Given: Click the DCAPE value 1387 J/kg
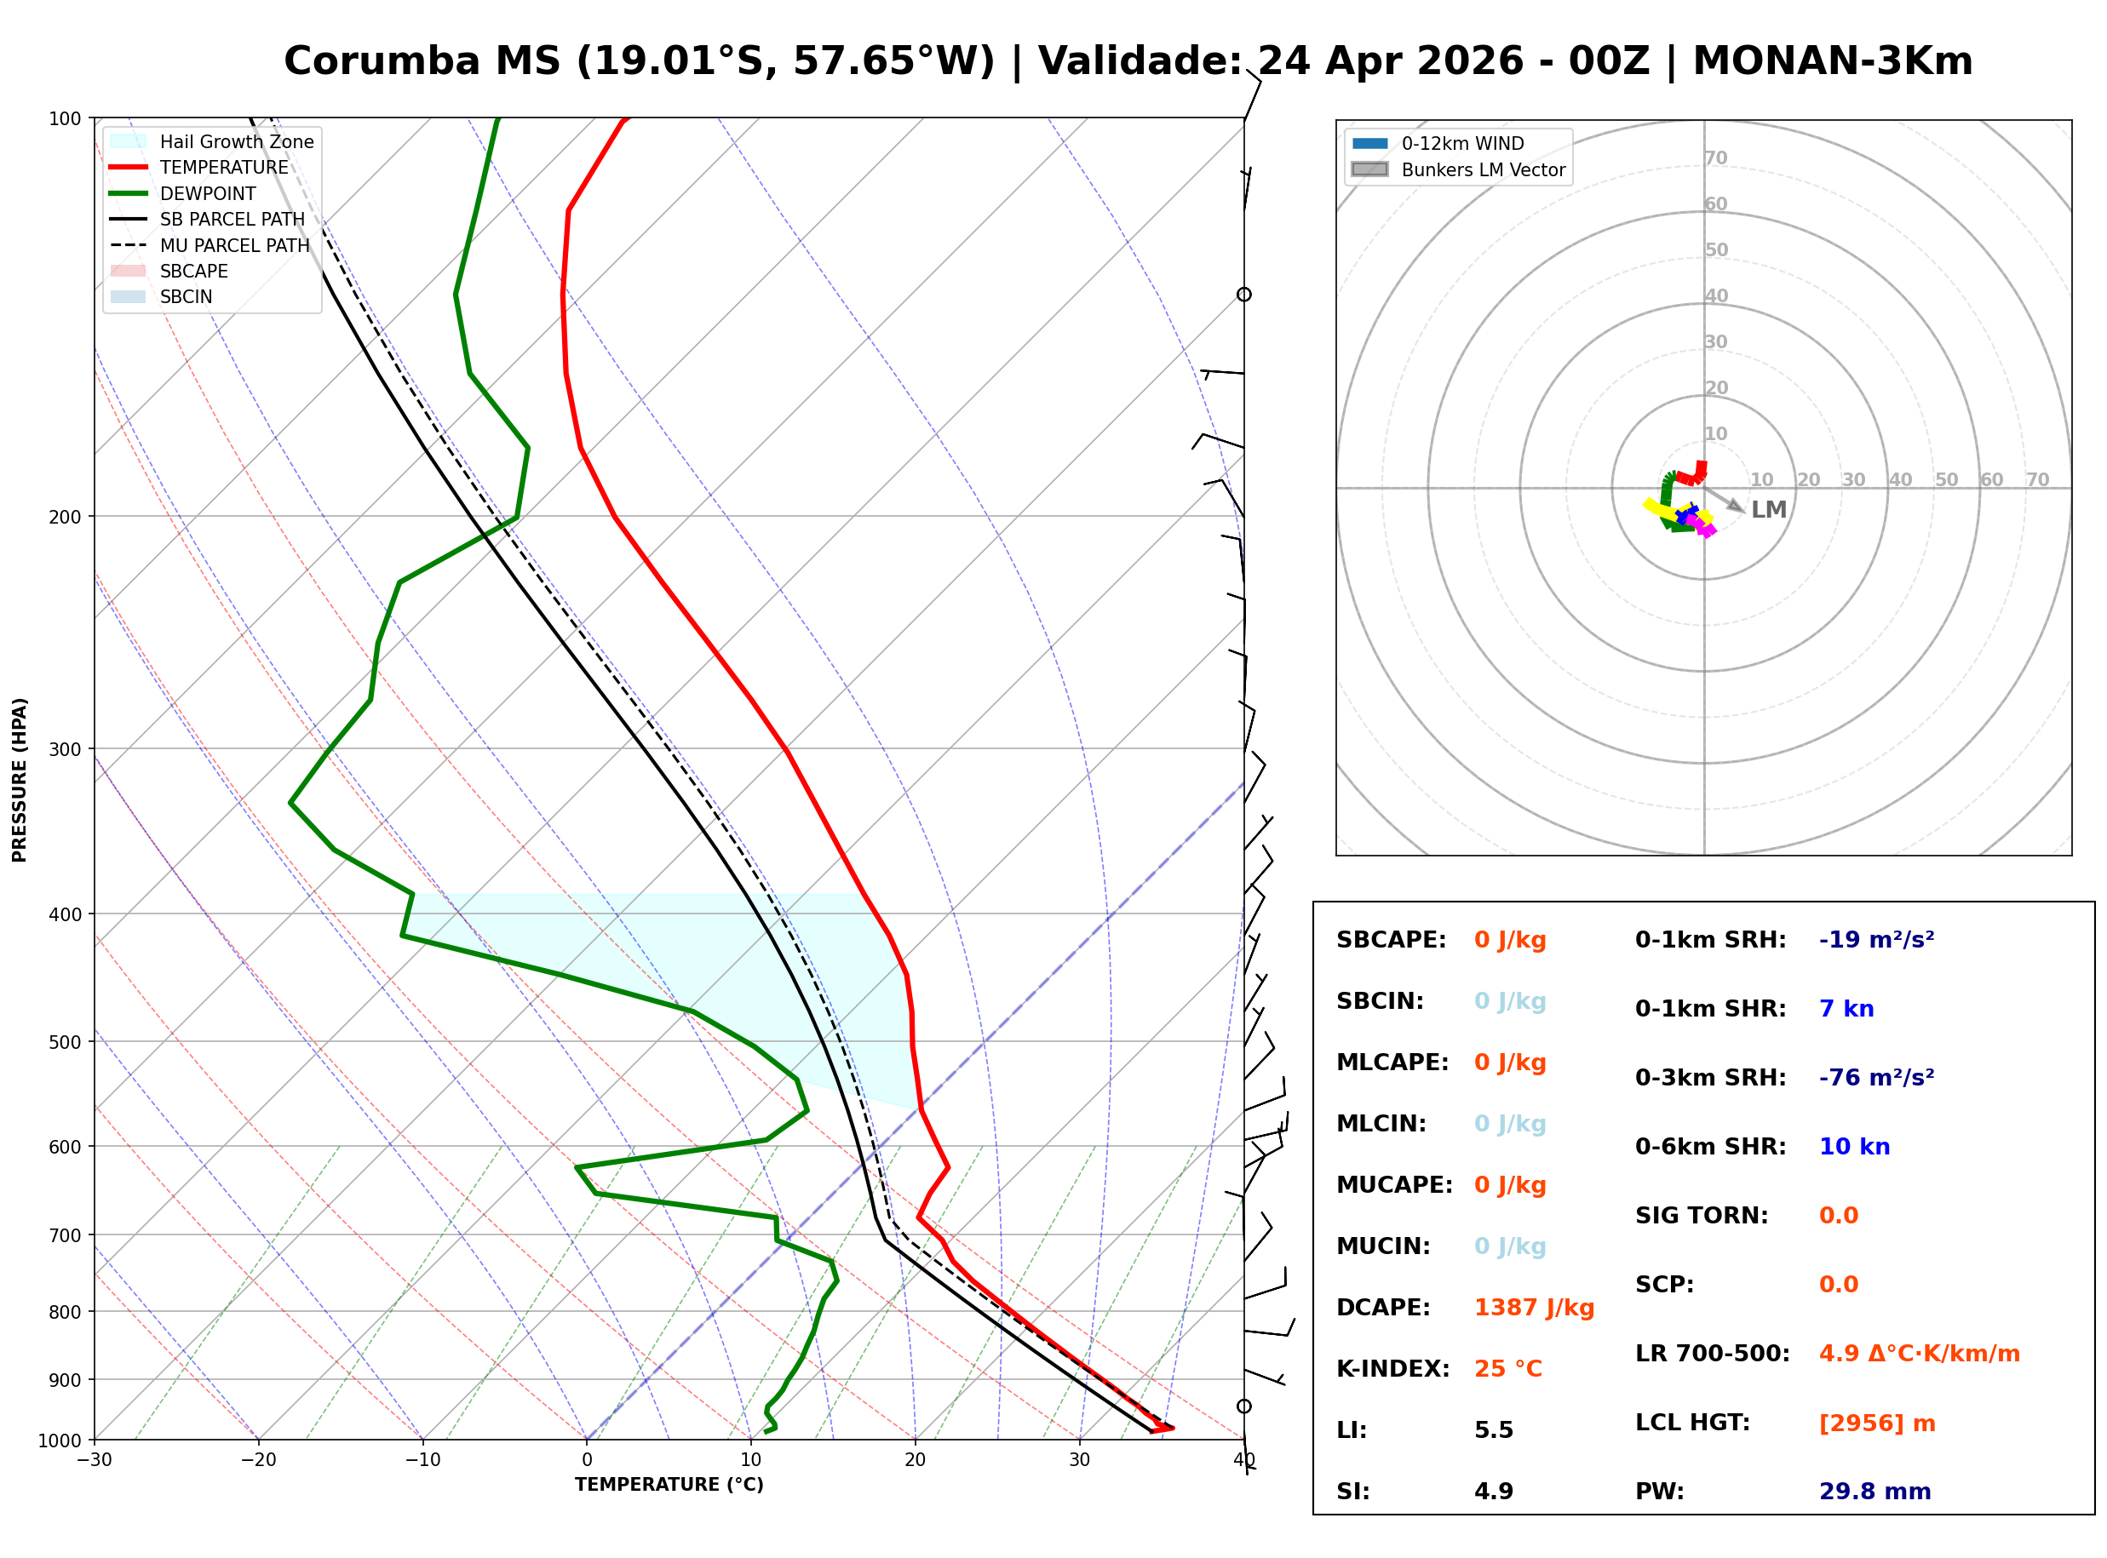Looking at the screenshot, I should tap(1534, 1308).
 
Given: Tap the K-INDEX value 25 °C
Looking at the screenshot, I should tap(1507, 1369).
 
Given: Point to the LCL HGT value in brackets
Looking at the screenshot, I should tap(1876, 1423).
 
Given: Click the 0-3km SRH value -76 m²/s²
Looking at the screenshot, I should tap(1876, 1078).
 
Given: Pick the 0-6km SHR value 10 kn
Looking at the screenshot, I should tap(1853, 1147).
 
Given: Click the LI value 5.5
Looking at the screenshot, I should tap(1493, 1430).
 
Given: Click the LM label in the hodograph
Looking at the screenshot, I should tap(1768, 510).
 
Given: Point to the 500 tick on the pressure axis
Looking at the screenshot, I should tap(65, 1042).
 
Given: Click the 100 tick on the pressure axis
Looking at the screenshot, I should tap(65, 117).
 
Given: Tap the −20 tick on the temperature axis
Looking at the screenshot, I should tap(257, 1461).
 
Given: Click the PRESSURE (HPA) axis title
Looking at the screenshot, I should tap(20, 780).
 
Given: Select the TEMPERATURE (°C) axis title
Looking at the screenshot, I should tap(669, 1486).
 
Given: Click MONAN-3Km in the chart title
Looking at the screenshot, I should tap(1832, 61).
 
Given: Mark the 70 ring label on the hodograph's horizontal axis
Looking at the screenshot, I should tap(2036, 479).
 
